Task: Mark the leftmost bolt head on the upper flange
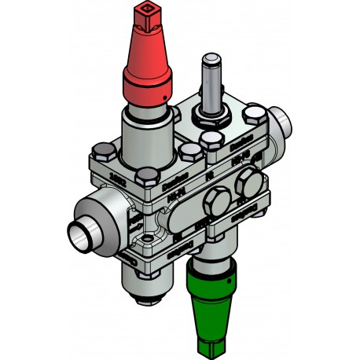coord(102,151)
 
